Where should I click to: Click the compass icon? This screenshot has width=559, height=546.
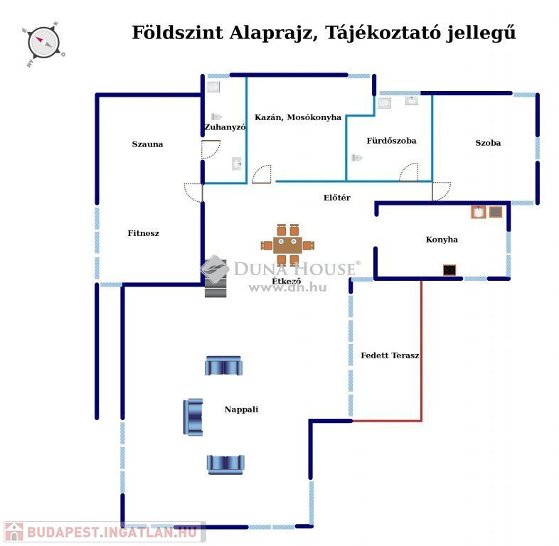(43, 44)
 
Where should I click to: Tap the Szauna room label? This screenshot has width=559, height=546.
(148, 144)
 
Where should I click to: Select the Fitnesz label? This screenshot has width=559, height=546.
(144, 233)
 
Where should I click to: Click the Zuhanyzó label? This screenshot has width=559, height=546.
(225, 127)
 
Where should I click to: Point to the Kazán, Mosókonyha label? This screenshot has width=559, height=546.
(298, 117)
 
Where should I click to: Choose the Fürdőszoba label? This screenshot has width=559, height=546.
(391, 141)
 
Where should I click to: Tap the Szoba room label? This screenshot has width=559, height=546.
(488, 143)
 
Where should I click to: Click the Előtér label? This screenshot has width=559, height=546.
(337, 198)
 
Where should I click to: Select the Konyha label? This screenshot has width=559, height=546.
(442, 240)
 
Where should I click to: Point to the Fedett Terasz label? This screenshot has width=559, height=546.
(390, 355)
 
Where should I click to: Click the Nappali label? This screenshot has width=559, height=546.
(241, 409)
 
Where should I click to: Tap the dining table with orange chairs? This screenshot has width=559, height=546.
(288, 245)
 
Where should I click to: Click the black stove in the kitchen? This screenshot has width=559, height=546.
(449, 269)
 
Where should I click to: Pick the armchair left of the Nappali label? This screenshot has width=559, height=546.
(193, 417)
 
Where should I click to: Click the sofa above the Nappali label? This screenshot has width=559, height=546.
(223, 365)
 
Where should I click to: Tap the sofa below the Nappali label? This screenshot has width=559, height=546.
(225, 465)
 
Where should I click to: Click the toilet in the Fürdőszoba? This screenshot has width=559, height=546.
(357, 158)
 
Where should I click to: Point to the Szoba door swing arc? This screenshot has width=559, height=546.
(442, 191)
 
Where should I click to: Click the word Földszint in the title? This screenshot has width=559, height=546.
(178, 33)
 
